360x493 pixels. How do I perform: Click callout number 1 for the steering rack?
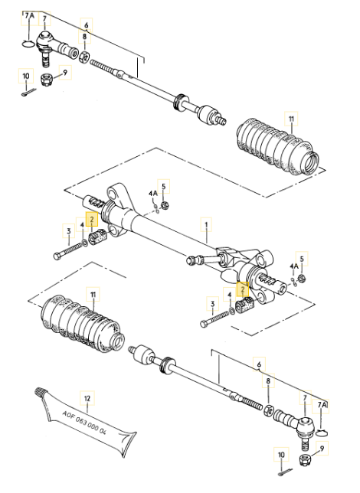(207, 225)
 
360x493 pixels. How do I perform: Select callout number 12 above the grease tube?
(87, 398)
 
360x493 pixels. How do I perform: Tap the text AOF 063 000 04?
(84, 423)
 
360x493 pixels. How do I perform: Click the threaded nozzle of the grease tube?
(41, 391)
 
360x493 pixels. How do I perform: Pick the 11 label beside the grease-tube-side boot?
(93, 295)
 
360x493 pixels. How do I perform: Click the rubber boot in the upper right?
(277, 145)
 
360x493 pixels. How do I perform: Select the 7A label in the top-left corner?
(29, 15)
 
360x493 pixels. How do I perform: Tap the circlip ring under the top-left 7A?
(28, 44)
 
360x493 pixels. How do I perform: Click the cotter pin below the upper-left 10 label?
(29, 93)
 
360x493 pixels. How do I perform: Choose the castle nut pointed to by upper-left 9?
(46, 79)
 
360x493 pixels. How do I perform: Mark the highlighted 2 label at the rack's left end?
(92, 219)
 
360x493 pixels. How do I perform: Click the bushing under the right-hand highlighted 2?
(244, 305)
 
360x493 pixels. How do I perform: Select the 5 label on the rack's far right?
(302, 259)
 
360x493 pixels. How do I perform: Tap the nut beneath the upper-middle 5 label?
(164, 206)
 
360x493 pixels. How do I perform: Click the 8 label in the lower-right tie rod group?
(268, 381)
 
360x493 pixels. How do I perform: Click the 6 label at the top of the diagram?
(86, 24)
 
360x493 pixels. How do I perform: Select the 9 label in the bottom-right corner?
(322, 449)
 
